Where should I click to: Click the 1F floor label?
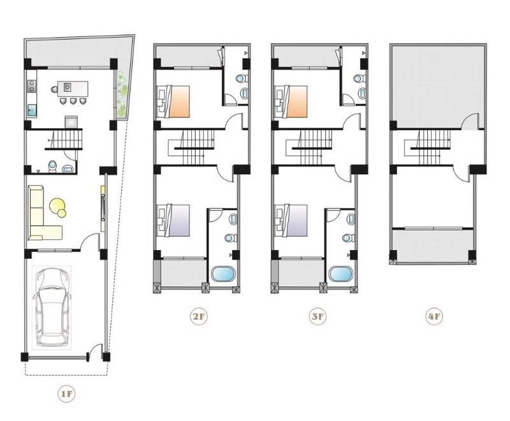click(66, 394)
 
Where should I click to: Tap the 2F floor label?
click(199, 316)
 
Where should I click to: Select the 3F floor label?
click(317, 316)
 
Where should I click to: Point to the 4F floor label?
click(434, 316)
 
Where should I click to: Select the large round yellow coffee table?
click(57, 205)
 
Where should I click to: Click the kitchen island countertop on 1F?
click(73, 89)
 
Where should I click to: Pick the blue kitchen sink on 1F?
click(32, 110)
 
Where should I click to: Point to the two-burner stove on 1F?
click(32, 86)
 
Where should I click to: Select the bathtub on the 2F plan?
click(223, 274)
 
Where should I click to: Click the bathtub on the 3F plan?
click(340, 274)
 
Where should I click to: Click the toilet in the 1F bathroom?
click(52, 166)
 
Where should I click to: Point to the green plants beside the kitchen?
click(121, 94)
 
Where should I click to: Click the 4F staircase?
click(427, 148)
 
